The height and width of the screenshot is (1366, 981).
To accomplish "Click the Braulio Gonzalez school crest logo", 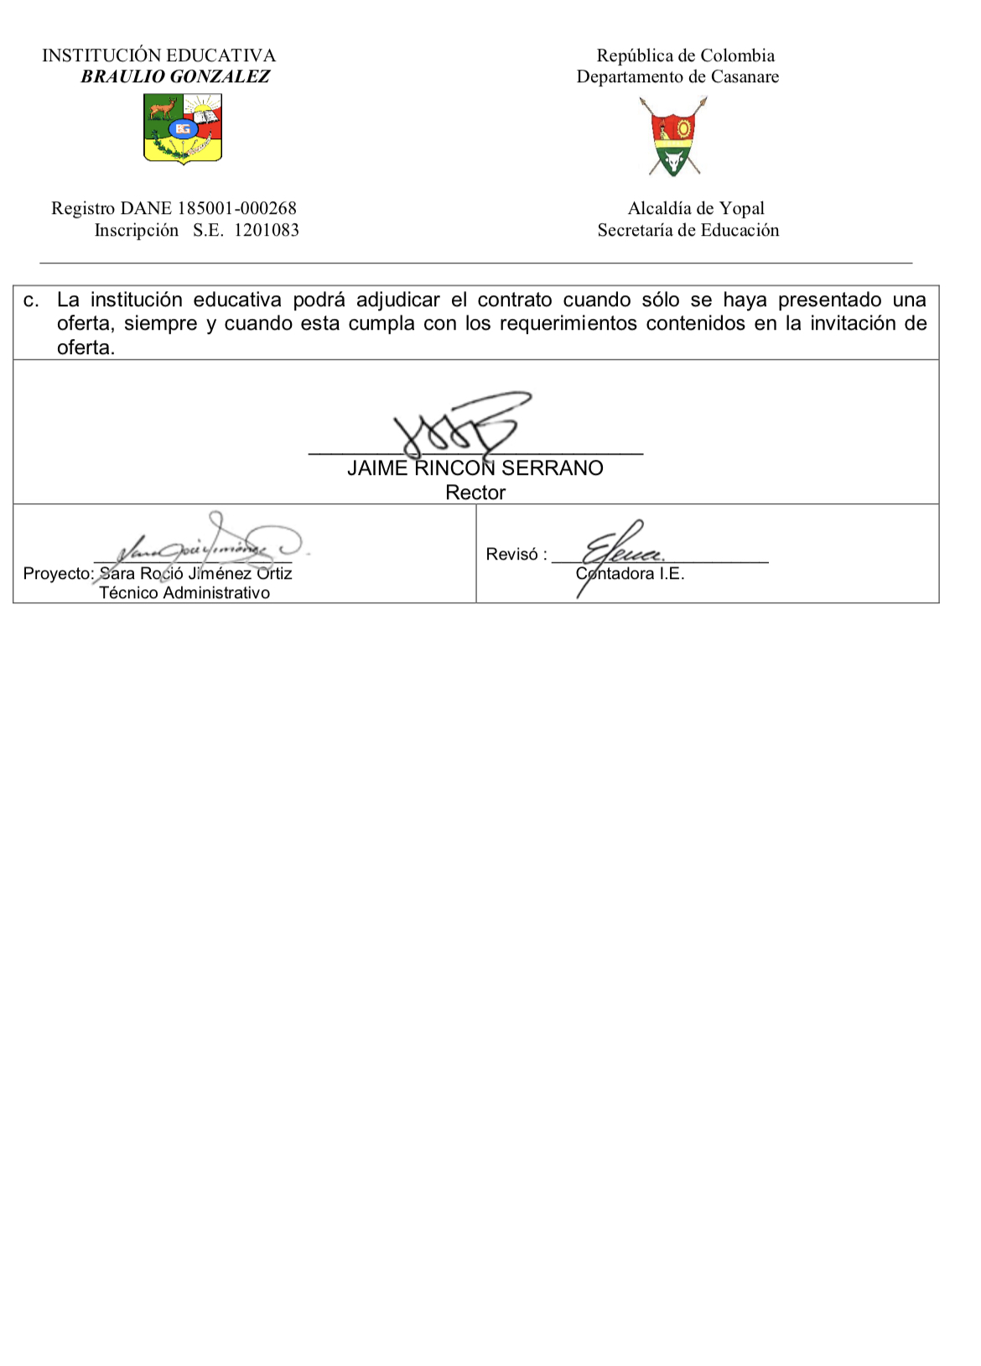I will (x=183, y=128).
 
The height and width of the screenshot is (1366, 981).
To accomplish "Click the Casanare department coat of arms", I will (x=673, y=136).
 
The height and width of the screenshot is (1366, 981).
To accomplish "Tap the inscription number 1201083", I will (x=266, y=230).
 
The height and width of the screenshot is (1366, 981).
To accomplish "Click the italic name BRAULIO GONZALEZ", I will (x=175, y=76).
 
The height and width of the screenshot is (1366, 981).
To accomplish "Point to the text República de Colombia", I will (x=685, y=55).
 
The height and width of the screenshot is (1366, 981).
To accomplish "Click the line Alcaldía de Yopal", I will (x=696, y=208).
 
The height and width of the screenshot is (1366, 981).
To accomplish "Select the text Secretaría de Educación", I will (x=688, y=230).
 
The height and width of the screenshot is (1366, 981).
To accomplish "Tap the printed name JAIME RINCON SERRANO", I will (x=475, y=468).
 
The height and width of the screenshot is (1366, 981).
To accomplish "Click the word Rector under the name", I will (x=475, y=493).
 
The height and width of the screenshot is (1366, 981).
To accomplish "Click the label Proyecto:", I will (x=59, y=574).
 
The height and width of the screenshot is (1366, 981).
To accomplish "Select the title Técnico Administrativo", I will (x=184, y=593).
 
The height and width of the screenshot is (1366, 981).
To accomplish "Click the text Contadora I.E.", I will (x=631, y=574).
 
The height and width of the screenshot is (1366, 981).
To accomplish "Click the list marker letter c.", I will (x=31, y=300).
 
